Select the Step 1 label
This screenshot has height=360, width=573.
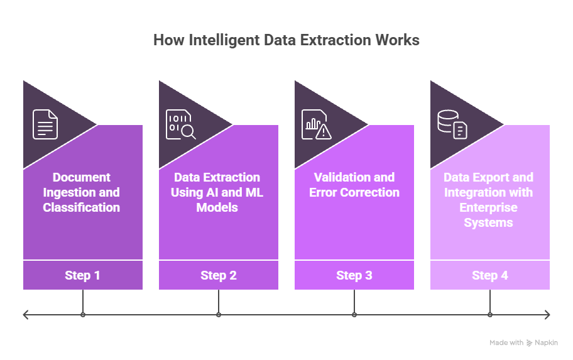(x=82, y=275)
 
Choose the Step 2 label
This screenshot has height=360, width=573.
(x=219, y=275)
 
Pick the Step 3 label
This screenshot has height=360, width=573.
(x=354, y=275)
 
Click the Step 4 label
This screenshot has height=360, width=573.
(x=490, y=275)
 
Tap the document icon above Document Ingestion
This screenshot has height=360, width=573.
(x=45, y=124)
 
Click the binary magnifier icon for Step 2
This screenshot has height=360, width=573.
(x=180, y=124)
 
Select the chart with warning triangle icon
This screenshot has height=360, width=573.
(x=316, y=124)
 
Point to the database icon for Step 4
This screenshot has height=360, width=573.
(x=452, y=124)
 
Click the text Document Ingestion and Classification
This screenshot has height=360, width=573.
(x=82, y=192)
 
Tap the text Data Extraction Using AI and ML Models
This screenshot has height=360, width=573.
(x=217, y=192)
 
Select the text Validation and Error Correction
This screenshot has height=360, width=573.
(x=354, y=185)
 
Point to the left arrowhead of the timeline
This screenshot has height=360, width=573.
(x=25, y=315)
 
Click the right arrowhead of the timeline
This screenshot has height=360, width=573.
(x=548, y=315)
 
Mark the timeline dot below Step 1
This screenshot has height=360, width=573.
(x=82, y=315)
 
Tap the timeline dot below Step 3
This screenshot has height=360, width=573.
(x=354, y=315)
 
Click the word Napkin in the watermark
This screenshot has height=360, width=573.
(x=546, y=343)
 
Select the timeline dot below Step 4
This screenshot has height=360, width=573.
(x=490, y=315)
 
